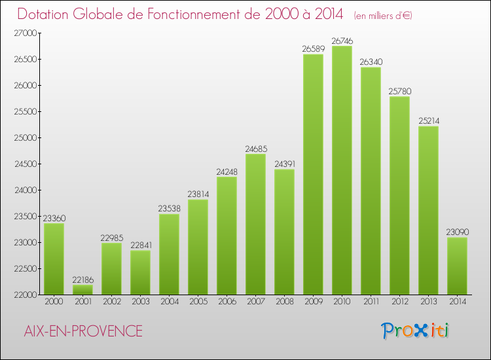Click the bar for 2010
[342, 170]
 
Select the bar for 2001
[82, 289]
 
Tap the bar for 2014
[457, 266]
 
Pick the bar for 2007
[255, 224]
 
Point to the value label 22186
[82, 279]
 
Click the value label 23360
[54, 218]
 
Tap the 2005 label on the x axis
[198, 302]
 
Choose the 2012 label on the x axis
[399, 302]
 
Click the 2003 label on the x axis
[140, 302]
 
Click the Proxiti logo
[416, 331]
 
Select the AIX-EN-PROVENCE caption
[82, 331]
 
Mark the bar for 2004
[169, 254]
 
